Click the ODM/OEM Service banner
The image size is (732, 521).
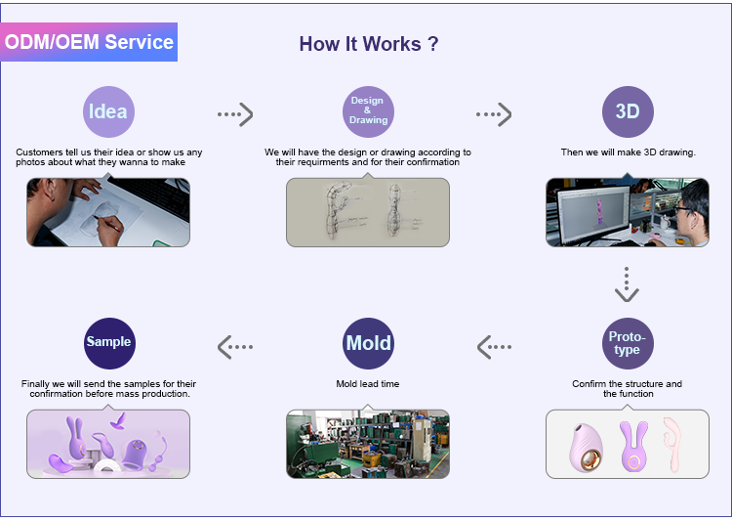[x=89, y=42]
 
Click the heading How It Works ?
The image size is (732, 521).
[x=369, y=44]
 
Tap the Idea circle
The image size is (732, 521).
[x=108, y=111]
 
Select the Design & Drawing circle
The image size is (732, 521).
[x=368, y=111]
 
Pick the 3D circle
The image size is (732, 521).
[x=628, y=111]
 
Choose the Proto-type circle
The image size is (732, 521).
[x=628, y=344]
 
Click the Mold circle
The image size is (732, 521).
[x=368, y=344]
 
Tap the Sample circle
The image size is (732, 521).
[x=109, y=344]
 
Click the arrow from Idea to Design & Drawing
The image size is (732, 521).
[x=235, y=114]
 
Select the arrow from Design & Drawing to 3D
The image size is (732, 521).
[x=494, y=114]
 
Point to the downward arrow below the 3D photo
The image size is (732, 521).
[x=627, y=284]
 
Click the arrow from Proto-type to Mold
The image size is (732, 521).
[x=495, y=347]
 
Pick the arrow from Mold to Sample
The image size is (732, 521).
[x=235, y=347]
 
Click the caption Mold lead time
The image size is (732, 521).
[x=368, y=384]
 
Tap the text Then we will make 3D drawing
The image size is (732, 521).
[x=629, y=152]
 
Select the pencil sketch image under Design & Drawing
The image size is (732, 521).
[x=368, y=212]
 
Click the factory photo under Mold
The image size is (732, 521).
[x=368, y=445]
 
